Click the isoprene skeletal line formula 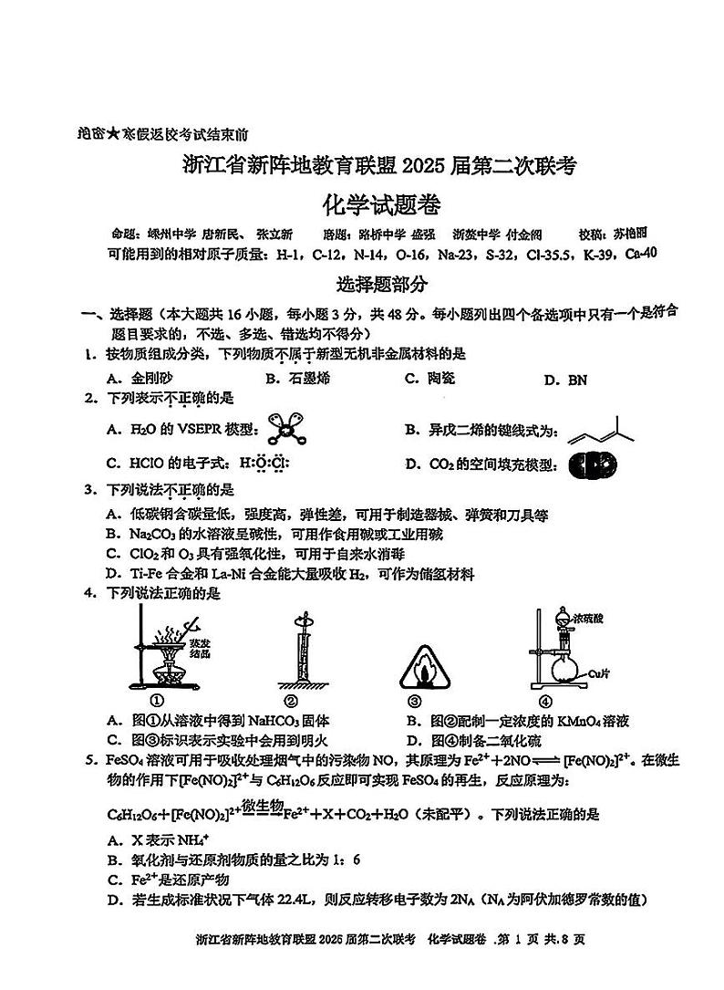pyautogui.click(x=599, y=432)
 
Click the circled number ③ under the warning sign pyautogui.click(x=415, y=701)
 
